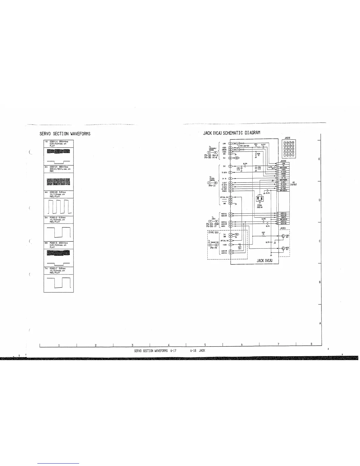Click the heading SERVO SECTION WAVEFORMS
(x=65, y=134)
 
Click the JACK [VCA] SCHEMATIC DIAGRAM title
(x=232, y=133)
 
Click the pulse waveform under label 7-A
(x=59, y=283)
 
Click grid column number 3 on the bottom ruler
(x=133, y=345)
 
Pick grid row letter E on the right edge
(x=319, y=159)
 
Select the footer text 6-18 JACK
(x=198, y=351)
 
